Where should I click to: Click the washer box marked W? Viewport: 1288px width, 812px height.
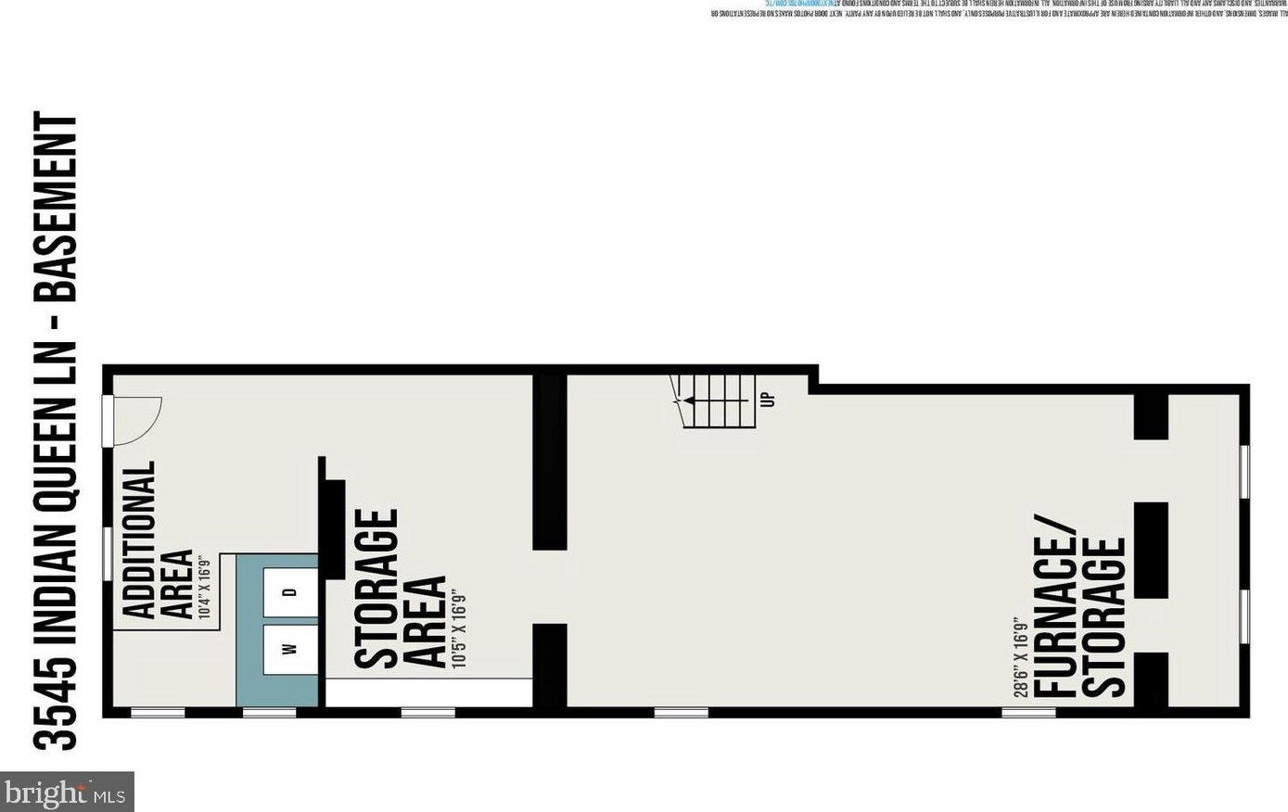(x=289, y=649)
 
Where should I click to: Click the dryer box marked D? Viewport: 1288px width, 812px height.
(x=289, y=591)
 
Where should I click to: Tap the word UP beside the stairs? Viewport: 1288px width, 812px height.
(x=767, y=400)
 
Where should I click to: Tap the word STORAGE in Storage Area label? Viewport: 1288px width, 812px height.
(x=376, y=588)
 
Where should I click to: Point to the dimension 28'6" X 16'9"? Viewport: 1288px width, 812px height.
(x=1020, y=656)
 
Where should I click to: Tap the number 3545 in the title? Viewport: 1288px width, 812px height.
(x=57, y=701)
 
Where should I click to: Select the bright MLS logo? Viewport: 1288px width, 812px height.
(x=67, y=793)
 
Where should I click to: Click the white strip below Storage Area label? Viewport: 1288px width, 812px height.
(x=427, y=692)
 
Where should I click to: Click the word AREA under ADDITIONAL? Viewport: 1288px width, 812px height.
(x=178, y=583)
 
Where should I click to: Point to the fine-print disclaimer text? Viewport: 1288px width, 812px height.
(x=992, y=10)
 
